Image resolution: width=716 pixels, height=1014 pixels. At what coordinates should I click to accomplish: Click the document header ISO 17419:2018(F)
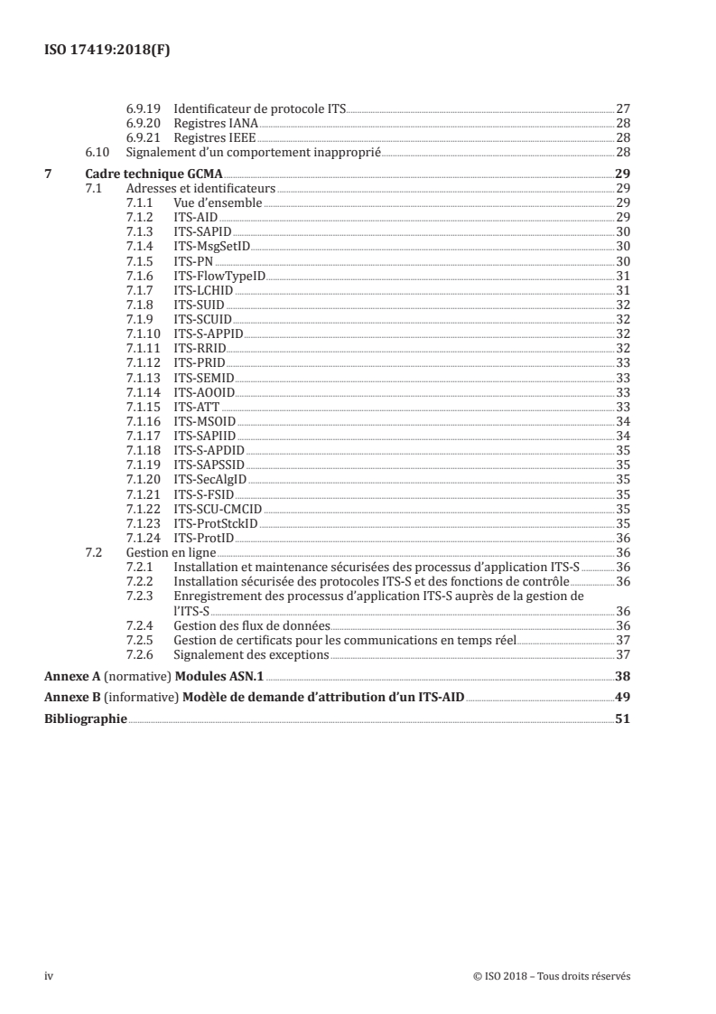coord(107,51)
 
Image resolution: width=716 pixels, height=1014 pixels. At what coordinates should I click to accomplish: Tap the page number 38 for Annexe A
coord(622,676)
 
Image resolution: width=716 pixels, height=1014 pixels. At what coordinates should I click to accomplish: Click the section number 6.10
coord(95,152)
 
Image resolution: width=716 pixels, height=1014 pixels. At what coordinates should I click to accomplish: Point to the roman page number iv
coord(50,976)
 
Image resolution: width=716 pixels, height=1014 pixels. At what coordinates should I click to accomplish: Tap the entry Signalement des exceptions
coord(251,653)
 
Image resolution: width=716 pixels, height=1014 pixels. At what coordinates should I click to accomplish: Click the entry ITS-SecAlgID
coord(209,479)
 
